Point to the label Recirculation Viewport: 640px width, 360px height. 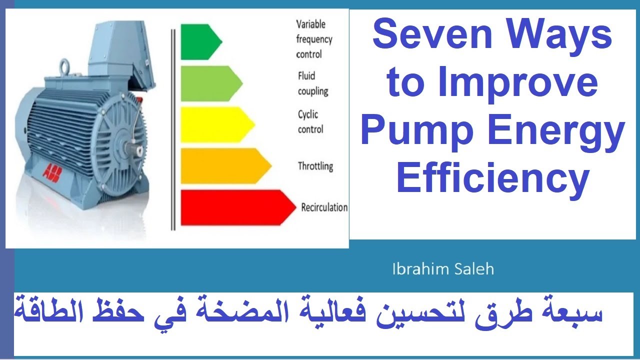324,207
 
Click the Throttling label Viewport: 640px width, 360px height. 315,166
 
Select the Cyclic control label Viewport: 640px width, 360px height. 311,122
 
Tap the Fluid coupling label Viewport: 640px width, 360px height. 313,83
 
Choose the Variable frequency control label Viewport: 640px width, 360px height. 314,39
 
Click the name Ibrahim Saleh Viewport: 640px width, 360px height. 443,269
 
